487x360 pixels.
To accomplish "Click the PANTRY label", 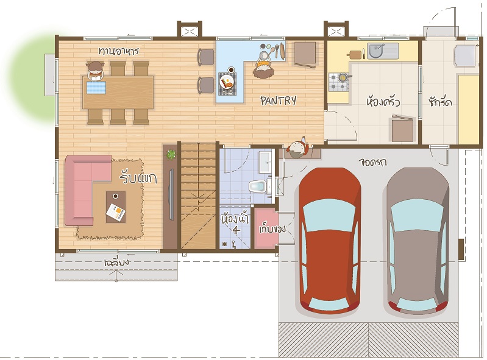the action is [x=279, y=101].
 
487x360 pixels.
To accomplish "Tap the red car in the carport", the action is [x=329, y=240].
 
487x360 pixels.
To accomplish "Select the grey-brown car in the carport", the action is [x=418, y=240].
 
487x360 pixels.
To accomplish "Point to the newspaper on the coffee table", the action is [x=116, y=212].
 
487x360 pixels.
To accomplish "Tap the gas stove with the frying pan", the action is [x=338, y=82].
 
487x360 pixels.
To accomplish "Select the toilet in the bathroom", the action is [x=258, y=186].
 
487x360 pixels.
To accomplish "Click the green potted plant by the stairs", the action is [x=171, y=155].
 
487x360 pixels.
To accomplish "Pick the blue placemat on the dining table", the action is [x=96, y=87].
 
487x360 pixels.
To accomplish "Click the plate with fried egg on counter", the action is [x=227, y=83].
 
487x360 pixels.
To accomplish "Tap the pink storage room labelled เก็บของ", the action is [x=266, y=228].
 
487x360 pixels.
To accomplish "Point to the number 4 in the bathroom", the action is [x=236, y=230].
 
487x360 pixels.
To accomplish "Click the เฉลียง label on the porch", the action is [x=116, y=263].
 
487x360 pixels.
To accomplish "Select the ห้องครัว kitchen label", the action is [x=383, y=102].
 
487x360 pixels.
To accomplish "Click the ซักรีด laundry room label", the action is [x=441, y=102].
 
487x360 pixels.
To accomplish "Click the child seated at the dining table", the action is [x=95, y=71].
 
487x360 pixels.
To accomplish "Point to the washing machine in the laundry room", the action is [x=465, y=55].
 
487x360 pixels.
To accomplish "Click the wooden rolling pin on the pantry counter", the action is [x=282, y=51].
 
